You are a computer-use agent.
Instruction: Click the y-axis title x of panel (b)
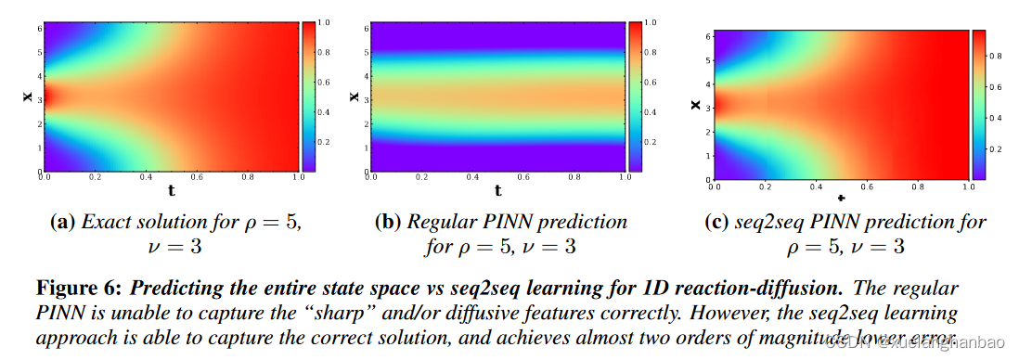coord(354,96)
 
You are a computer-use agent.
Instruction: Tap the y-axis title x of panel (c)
coord(695,105)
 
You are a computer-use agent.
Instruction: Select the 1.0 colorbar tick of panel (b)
coord(651,20)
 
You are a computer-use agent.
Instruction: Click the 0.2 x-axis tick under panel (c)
coord(764,188)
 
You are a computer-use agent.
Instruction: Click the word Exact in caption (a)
coord(105,223)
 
